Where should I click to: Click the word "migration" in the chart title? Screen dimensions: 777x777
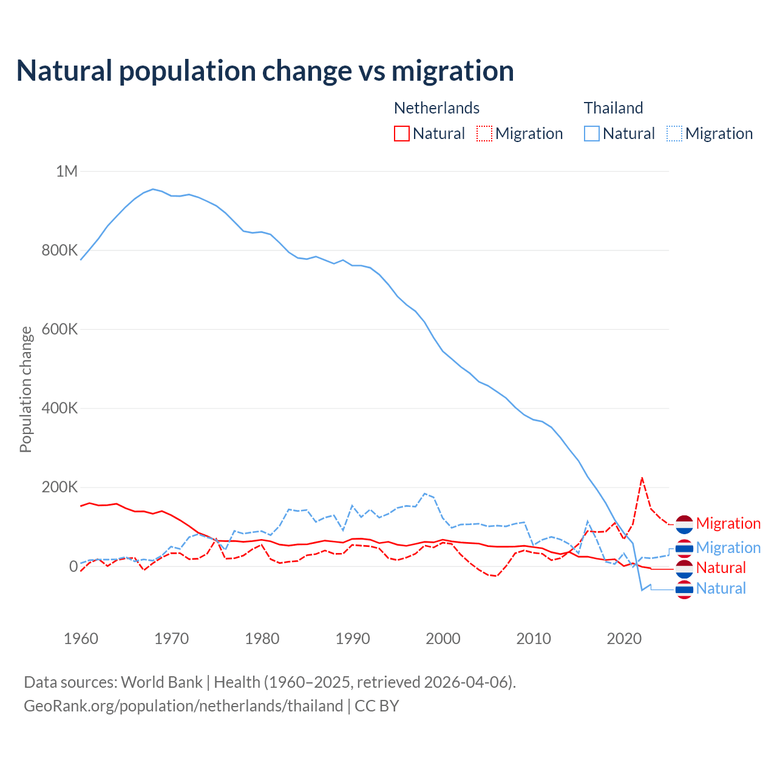pos(452,70)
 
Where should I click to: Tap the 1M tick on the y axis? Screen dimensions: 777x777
pos(67,171)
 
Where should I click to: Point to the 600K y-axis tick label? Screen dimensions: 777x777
pos(59,330)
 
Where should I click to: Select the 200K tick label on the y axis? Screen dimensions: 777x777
pos(59,487)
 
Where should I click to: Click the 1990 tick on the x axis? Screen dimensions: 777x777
pos(353,639)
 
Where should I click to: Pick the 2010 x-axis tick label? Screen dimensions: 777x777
pos(534,639)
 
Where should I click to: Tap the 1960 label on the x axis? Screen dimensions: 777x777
pos(81,639)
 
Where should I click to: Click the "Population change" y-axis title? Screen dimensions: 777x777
pos(25,390)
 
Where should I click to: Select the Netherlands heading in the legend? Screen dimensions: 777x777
pos(436,108)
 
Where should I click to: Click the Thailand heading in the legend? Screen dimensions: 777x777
pos(613,108)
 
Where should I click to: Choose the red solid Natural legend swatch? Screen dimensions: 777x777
pos(402,134)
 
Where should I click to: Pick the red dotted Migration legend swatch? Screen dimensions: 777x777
pos(484,134)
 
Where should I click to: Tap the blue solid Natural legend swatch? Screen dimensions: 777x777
pos(592,134)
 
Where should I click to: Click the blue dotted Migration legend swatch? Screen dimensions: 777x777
pos(674,134)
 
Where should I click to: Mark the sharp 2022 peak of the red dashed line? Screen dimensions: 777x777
pos(642,478)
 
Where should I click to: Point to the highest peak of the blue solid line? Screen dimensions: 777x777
pos(153,189)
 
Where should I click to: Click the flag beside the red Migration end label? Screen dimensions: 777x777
pos(684,524)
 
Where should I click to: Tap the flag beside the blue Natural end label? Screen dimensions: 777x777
pos(684,589)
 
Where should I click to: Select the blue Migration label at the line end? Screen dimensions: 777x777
pos(728,548)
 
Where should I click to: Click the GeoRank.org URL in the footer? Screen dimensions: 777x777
pos(183,706)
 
